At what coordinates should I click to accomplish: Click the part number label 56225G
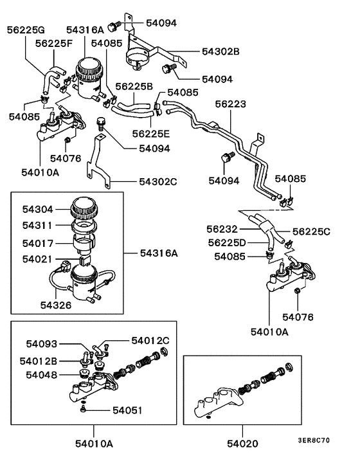27,30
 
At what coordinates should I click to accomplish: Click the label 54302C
157,182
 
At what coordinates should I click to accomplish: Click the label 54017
37,243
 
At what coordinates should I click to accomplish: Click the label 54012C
150,340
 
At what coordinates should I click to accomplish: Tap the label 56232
223,229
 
